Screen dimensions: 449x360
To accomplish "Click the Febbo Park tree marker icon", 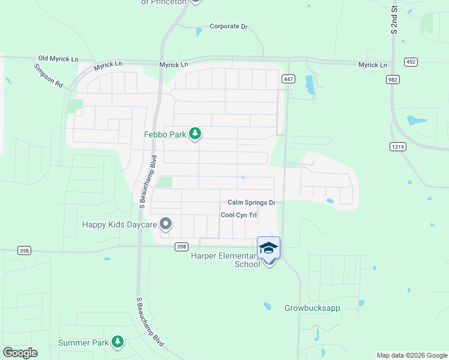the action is coord(194,134).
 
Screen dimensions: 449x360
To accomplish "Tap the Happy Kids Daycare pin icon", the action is coord(166,224).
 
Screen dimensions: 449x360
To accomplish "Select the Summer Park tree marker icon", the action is coord(118,343).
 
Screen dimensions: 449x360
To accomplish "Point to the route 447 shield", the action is coord(288,79).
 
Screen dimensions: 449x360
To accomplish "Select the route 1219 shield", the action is coord(397,146).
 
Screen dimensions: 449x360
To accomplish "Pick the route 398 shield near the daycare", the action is coord(181,247).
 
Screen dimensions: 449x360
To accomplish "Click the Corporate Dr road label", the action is coord(228,26).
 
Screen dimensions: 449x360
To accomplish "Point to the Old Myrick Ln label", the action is coord(58,58).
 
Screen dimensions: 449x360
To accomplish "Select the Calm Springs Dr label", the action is coord(251,203).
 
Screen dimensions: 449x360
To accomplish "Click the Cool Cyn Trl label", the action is coord(238,215).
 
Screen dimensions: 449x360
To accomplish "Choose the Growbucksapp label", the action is coord(312,308).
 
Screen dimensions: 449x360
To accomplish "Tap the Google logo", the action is coord(20,353).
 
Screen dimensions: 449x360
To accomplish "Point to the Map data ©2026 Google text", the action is coord(412,355).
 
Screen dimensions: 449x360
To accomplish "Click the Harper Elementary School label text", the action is coord(225,260).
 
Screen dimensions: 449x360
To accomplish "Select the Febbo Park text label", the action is coord(165,134).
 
